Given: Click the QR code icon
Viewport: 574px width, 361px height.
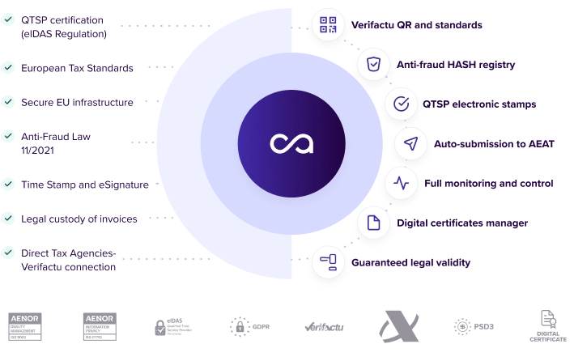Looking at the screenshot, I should click(328, 24).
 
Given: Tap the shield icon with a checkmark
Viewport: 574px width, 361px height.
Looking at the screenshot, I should click(372, 64).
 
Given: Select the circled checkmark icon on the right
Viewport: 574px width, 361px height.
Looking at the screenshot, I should click(400, 104).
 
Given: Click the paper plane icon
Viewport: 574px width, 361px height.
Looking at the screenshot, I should click(411, 143).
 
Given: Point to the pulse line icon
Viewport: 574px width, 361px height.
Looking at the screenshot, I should click(400, 183).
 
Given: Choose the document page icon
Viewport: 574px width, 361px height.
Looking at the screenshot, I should click(373, 223).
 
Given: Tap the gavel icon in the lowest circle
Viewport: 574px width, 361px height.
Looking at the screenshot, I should click(328, 262).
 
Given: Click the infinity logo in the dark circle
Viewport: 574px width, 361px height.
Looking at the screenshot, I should click(291, 144).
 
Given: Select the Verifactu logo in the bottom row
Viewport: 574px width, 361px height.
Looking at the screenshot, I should click(327, 326).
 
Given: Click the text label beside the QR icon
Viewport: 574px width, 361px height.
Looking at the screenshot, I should click(418, 25).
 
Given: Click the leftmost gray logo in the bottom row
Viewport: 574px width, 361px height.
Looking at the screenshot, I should click(26, 326).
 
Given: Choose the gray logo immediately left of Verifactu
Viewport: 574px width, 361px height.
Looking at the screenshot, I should click(249, 326).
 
